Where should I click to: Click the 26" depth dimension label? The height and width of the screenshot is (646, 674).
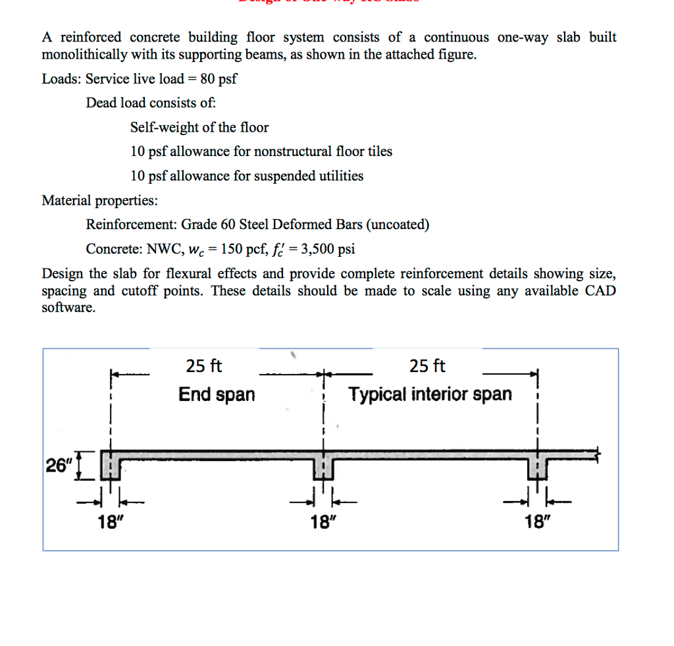(x=57, y=466)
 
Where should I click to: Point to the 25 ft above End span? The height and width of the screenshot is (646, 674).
(x=205, y=366)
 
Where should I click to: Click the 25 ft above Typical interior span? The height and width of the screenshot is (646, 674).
(x=427, y=366)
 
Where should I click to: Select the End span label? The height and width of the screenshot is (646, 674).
(x=217, y=394)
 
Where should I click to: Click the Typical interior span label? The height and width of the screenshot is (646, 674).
(x=430, y=394)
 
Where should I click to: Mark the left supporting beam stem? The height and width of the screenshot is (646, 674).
(x=111, y=469)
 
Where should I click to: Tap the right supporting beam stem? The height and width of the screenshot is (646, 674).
(x=537, y=469)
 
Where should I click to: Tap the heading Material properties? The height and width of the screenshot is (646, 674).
(x=99, y=200)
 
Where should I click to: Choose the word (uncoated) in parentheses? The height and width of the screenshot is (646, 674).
(x=398, y=225)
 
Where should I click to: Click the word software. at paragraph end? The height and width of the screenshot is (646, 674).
(x=68, y=308)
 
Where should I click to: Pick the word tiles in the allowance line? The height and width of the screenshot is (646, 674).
(x=378, y=151)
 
